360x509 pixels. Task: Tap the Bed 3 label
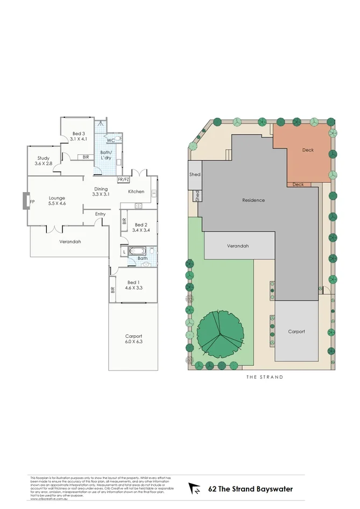point(79,133)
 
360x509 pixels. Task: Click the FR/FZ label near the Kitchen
point(123,180)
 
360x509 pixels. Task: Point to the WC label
point(110,140)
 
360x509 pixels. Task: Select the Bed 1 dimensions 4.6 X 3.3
point(133,288)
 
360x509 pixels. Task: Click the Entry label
point(101,214)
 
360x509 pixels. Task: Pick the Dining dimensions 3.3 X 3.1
point(101,194)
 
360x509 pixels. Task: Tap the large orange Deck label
point(307,150)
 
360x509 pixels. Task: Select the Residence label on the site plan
point(253,200)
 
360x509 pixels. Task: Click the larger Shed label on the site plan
point(195,174)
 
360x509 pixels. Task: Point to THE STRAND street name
point(264,377)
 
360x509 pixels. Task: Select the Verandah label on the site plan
point(237,246)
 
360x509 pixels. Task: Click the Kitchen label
point(136,192)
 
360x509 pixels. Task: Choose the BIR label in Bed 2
point(124,221)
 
